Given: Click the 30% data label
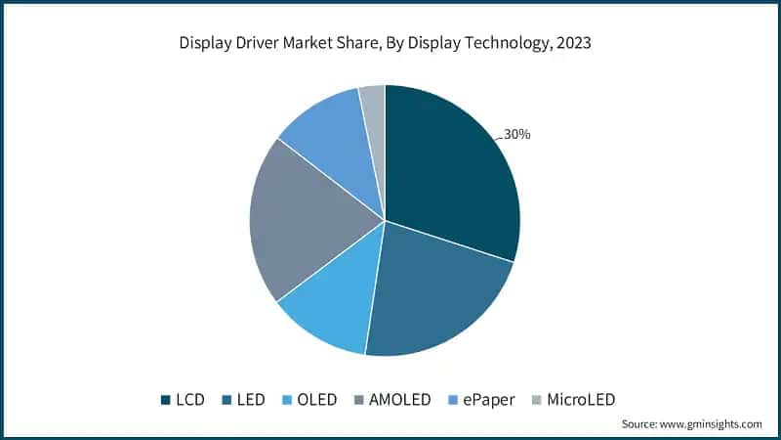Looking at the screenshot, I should [x=516, y=134].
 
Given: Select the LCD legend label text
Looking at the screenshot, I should [x=191, y=399].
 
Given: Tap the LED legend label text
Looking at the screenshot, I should [x=250, y=399].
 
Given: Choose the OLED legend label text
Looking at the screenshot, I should [x=316, y=399].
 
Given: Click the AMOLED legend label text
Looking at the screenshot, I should [x=400, y=399].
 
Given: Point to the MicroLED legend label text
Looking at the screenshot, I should [x=582, y=399].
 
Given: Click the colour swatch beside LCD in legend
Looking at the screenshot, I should [x=166, y=399].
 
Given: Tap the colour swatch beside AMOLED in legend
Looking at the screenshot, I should [x=361, y=399].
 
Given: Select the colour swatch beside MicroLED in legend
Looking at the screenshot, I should [x=536, y=399].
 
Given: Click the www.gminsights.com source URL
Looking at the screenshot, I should [x=712, y=423].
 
